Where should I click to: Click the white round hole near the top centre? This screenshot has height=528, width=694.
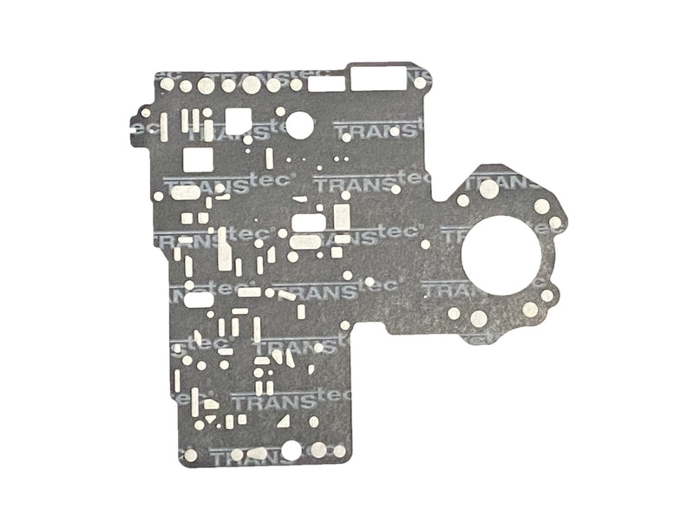(299, 125)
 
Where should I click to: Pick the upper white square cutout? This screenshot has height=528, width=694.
(238, 121)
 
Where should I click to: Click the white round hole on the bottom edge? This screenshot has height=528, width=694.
(290, 450)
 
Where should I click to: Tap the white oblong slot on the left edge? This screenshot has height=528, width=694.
(199, 299)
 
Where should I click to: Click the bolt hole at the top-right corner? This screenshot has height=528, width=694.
(420, 83)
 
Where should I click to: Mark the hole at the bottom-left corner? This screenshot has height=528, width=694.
(190, 454)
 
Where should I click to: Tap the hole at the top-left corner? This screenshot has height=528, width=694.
(165, 85)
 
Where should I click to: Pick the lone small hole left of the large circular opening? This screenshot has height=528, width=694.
(425, 244)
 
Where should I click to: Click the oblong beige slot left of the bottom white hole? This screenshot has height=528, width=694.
(258, 453)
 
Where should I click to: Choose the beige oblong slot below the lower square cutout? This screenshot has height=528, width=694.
(186, 192)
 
